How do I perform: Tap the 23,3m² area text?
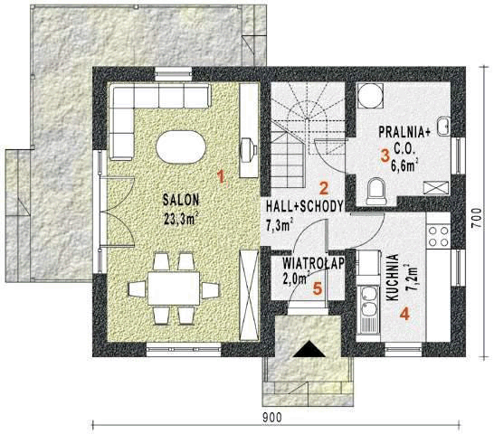182,218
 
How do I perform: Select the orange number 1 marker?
218,171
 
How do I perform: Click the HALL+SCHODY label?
304,206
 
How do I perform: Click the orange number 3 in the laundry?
385,155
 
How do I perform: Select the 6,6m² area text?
408,166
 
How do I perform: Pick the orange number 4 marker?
404,315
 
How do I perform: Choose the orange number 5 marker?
316,290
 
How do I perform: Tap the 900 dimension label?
273,417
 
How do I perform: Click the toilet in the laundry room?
377,189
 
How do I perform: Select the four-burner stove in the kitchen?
439,236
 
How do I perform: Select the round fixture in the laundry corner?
370,95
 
